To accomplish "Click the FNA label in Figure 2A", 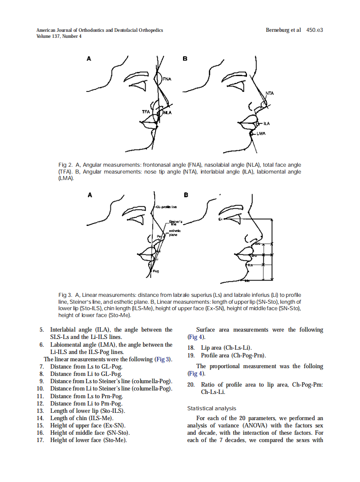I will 167,79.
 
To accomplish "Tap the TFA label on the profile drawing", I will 146,112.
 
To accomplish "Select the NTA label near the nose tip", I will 269,93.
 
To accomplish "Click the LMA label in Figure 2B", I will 261,133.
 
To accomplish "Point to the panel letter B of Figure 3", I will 186,195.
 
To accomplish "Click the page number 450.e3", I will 314,30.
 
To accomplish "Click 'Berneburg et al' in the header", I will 283,30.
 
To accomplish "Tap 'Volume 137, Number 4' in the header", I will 59,36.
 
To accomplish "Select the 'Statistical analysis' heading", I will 211,408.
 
